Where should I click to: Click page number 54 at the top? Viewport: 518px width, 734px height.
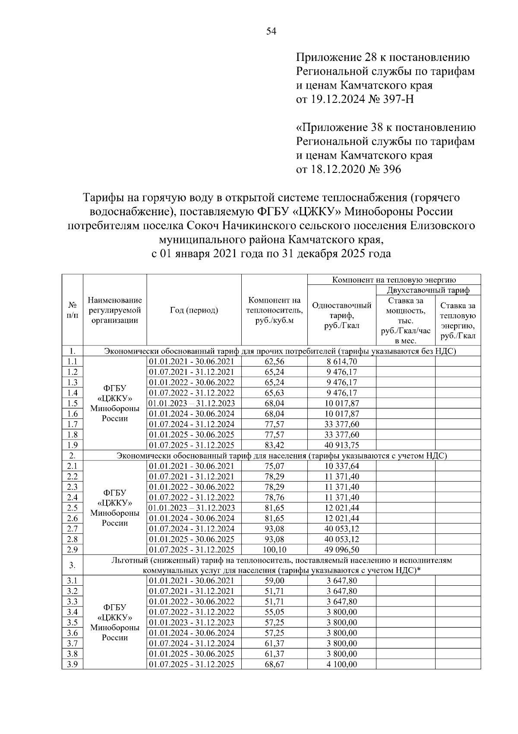(271, 32)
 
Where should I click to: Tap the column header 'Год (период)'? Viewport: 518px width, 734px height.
(194, 310)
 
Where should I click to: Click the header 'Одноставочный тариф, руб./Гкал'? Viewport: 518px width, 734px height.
(341, 316)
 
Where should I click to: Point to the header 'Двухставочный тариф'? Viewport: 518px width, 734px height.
(428, 290)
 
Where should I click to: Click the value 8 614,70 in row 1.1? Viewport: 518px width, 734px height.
(341, 361)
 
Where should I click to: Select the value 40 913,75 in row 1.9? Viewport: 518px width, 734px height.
(341, 445)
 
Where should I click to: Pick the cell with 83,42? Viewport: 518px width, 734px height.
(274, 445)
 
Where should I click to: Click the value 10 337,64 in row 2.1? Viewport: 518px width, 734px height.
(341, 466)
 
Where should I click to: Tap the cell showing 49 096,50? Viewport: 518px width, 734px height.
(341, 549)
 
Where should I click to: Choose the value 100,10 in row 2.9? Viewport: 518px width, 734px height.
(274, 549)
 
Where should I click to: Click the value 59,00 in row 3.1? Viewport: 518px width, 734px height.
(274, 581)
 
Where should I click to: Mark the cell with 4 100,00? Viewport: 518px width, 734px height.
(341, 664)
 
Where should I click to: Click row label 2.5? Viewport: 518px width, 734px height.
(73, 507)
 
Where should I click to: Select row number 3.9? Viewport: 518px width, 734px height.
(73, 664)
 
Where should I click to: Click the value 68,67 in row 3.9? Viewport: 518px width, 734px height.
(274, 664)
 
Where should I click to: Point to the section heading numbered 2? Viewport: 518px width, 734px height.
(73, 456)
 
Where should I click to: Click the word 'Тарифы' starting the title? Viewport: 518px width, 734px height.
(100, 198)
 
